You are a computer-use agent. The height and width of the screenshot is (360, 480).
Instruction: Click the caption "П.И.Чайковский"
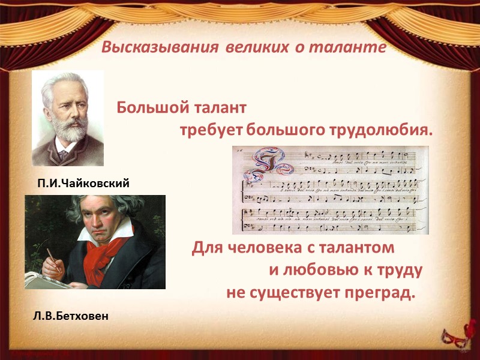coord(83,184)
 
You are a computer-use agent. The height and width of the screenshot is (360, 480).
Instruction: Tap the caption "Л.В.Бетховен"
coord(71,315)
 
